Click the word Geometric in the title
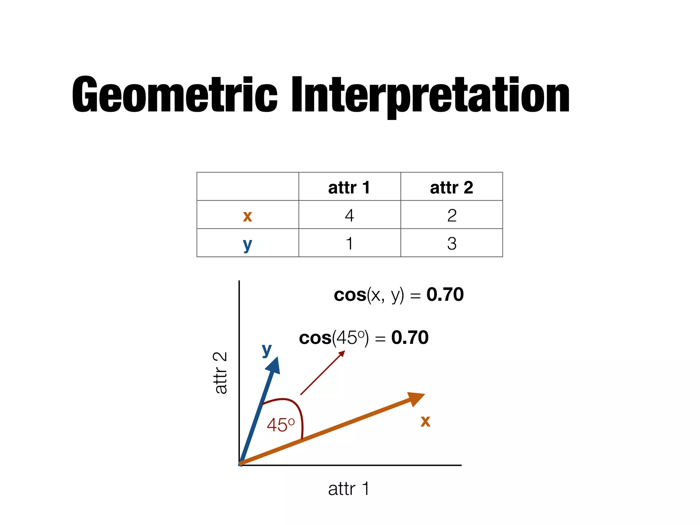click(174, 95)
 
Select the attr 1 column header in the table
click(349, 187)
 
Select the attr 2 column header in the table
click(452, 187)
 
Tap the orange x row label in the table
click(247, 216)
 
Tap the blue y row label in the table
click(247, 244)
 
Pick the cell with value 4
click(349, 215)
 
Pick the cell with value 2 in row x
click(452, 215)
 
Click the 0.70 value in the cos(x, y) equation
click(445, 294)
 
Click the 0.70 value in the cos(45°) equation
click(410, 338)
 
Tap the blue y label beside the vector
click(267, 350)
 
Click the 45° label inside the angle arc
click(281, 425)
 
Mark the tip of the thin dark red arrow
click(344, 351)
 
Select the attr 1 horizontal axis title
click(349, 489)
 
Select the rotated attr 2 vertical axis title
click(220, 373)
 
